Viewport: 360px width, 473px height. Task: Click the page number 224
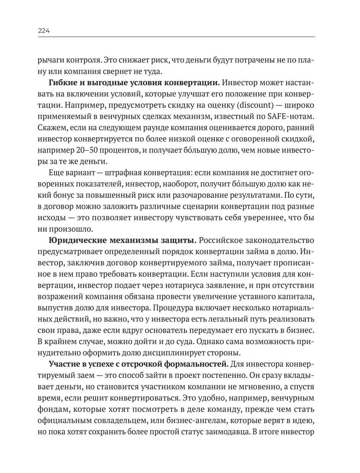tap(44, 31)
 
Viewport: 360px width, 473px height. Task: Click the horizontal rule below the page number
tap(176, 37)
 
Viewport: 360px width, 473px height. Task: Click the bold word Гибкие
tap(61, 83)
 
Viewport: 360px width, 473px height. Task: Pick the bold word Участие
tap(63, 362)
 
